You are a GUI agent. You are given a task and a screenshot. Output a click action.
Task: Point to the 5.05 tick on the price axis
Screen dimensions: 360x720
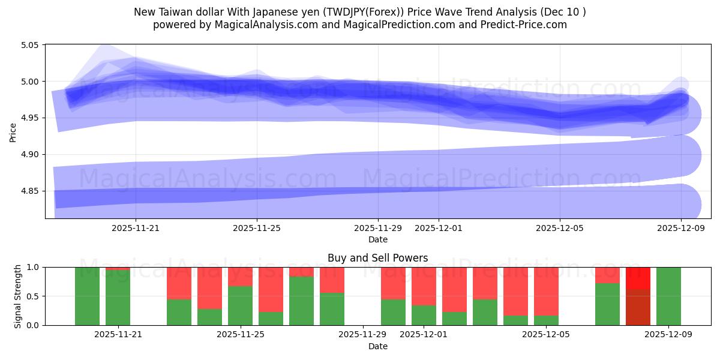29,45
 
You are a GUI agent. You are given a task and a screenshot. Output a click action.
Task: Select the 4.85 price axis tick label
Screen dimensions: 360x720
29,191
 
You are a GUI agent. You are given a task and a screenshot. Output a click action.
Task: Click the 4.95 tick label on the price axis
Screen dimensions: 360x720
29,118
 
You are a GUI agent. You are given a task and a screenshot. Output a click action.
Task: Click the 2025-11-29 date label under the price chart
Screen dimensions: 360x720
378,228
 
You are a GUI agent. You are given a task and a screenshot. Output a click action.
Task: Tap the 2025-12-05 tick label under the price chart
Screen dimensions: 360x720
560,228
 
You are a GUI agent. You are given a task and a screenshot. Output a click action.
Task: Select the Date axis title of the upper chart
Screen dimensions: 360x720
378,239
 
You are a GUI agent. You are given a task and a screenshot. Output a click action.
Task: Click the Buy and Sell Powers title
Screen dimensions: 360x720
378,258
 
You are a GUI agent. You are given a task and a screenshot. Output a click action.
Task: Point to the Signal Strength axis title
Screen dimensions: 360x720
18,296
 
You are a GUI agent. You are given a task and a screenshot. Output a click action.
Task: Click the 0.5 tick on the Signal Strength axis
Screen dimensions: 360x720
33,296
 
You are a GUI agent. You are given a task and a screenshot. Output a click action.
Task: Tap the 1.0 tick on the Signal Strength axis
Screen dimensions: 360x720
33,267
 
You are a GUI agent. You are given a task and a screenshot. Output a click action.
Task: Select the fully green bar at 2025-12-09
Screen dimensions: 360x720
668,296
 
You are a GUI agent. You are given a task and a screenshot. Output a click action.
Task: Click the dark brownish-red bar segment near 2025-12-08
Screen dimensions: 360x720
638,307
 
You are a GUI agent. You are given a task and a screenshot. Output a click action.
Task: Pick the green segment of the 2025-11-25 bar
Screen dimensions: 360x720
240,306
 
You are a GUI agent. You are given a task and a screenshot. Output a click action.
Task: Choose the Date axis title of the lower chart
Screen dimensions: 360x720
378,346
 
